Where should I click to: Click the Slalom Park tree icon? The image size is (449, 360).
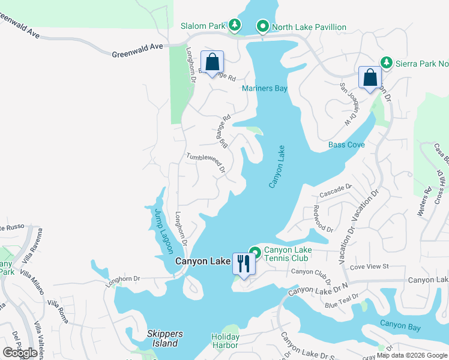(234, 25)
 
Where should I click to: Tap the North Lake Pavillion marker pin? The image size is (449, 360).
(262, 26)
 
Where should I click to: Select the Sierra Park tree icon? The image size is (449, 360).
(387, 62)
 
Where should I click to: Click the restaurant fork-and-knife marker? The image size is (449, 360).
(244, 263)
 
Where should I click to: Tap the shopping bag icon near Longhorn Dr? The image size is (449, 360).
(212, 62)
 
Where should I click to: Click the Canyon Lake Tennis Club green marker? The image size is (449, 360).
(255, 253)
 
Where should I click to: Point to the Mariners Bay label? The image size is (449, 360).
(264, 89)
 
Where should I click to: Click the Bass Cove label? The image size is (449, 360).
(346, 145)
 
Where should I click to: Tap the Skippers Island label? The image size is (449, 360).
(163, 338)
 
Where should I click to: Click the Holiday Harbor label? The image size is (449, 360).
(225, 341)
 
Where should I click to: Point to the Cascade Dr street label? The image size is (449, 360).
(334, 191)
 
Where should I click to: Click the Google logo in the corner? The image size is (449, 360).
(20, 353)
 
